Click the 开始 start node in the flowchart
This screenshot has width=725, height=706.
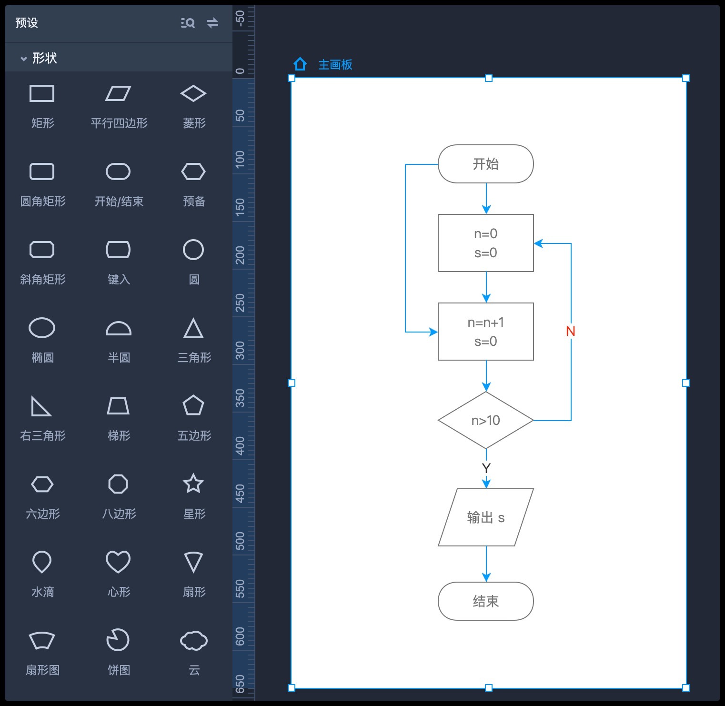(485, 164)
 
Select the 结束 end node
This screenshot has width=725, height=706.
(485, 601)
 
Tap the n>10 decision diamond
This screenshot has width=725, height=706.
(485, 420)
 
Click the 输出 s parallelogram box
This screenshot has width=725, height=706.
(485, 517)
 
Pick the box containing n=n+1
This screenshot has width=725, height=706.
(485, 332)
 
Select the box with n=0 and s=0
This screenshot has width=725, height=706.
(485, 243)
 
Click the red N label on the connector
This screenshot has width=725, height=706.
(570, 331)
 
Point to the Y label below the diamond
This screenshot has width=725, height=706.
(486, 468)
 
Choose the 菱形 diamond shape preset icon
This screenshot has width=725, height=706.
(193, 93)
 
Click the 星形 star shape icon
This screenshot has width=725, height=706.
(193, 484)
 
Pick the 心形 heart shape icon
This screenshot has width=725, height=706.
(118, 562)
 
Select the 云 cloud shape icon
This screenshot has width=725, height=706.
(193, 640)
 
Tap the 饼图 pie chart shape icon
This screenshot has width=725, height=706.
(118, 640)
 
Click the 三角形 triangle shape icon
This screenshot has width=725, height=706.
(193, 328)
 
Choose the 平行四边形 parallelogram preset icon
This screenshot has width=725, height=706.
(118, 93)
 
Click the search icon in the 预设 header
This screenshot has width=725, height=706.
(188, 23)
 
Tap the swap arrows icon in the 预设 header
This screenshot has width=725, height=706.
(212, 23)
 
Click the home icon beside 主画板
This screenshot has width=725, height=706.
(300, 64)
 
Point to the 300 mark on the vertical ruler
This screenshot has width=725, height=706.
(240, 350)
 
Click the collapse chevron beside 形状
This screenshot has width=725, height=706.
(23, 59)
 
